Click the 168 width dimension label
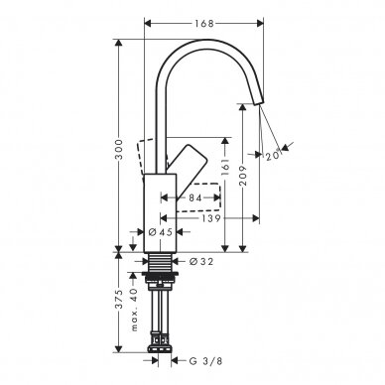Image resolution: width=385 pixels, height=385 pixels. pos(204,24)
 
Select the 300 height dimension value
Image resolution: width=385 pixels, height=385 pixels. pos(119,150)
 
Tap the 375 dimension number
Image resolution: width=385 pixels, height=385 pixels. pos(119,299)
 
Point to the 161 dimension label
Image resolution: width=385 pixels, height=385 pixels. pos(225,167)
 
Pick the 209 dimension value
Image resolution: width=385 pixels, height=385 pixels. pos(243,175)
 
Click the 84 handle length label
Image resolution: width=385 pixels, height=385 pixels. pos(195,197)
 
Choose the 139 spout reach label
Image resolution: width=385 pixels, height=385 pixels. pos(210,218)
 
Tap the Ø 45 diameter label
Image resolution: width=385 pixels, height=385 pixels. pos(161,232)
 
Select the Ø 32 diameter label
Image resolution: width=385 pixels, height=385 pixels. pos(201,261)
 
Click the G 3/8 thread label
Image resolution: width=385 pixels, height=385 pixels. pos(205,361)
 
